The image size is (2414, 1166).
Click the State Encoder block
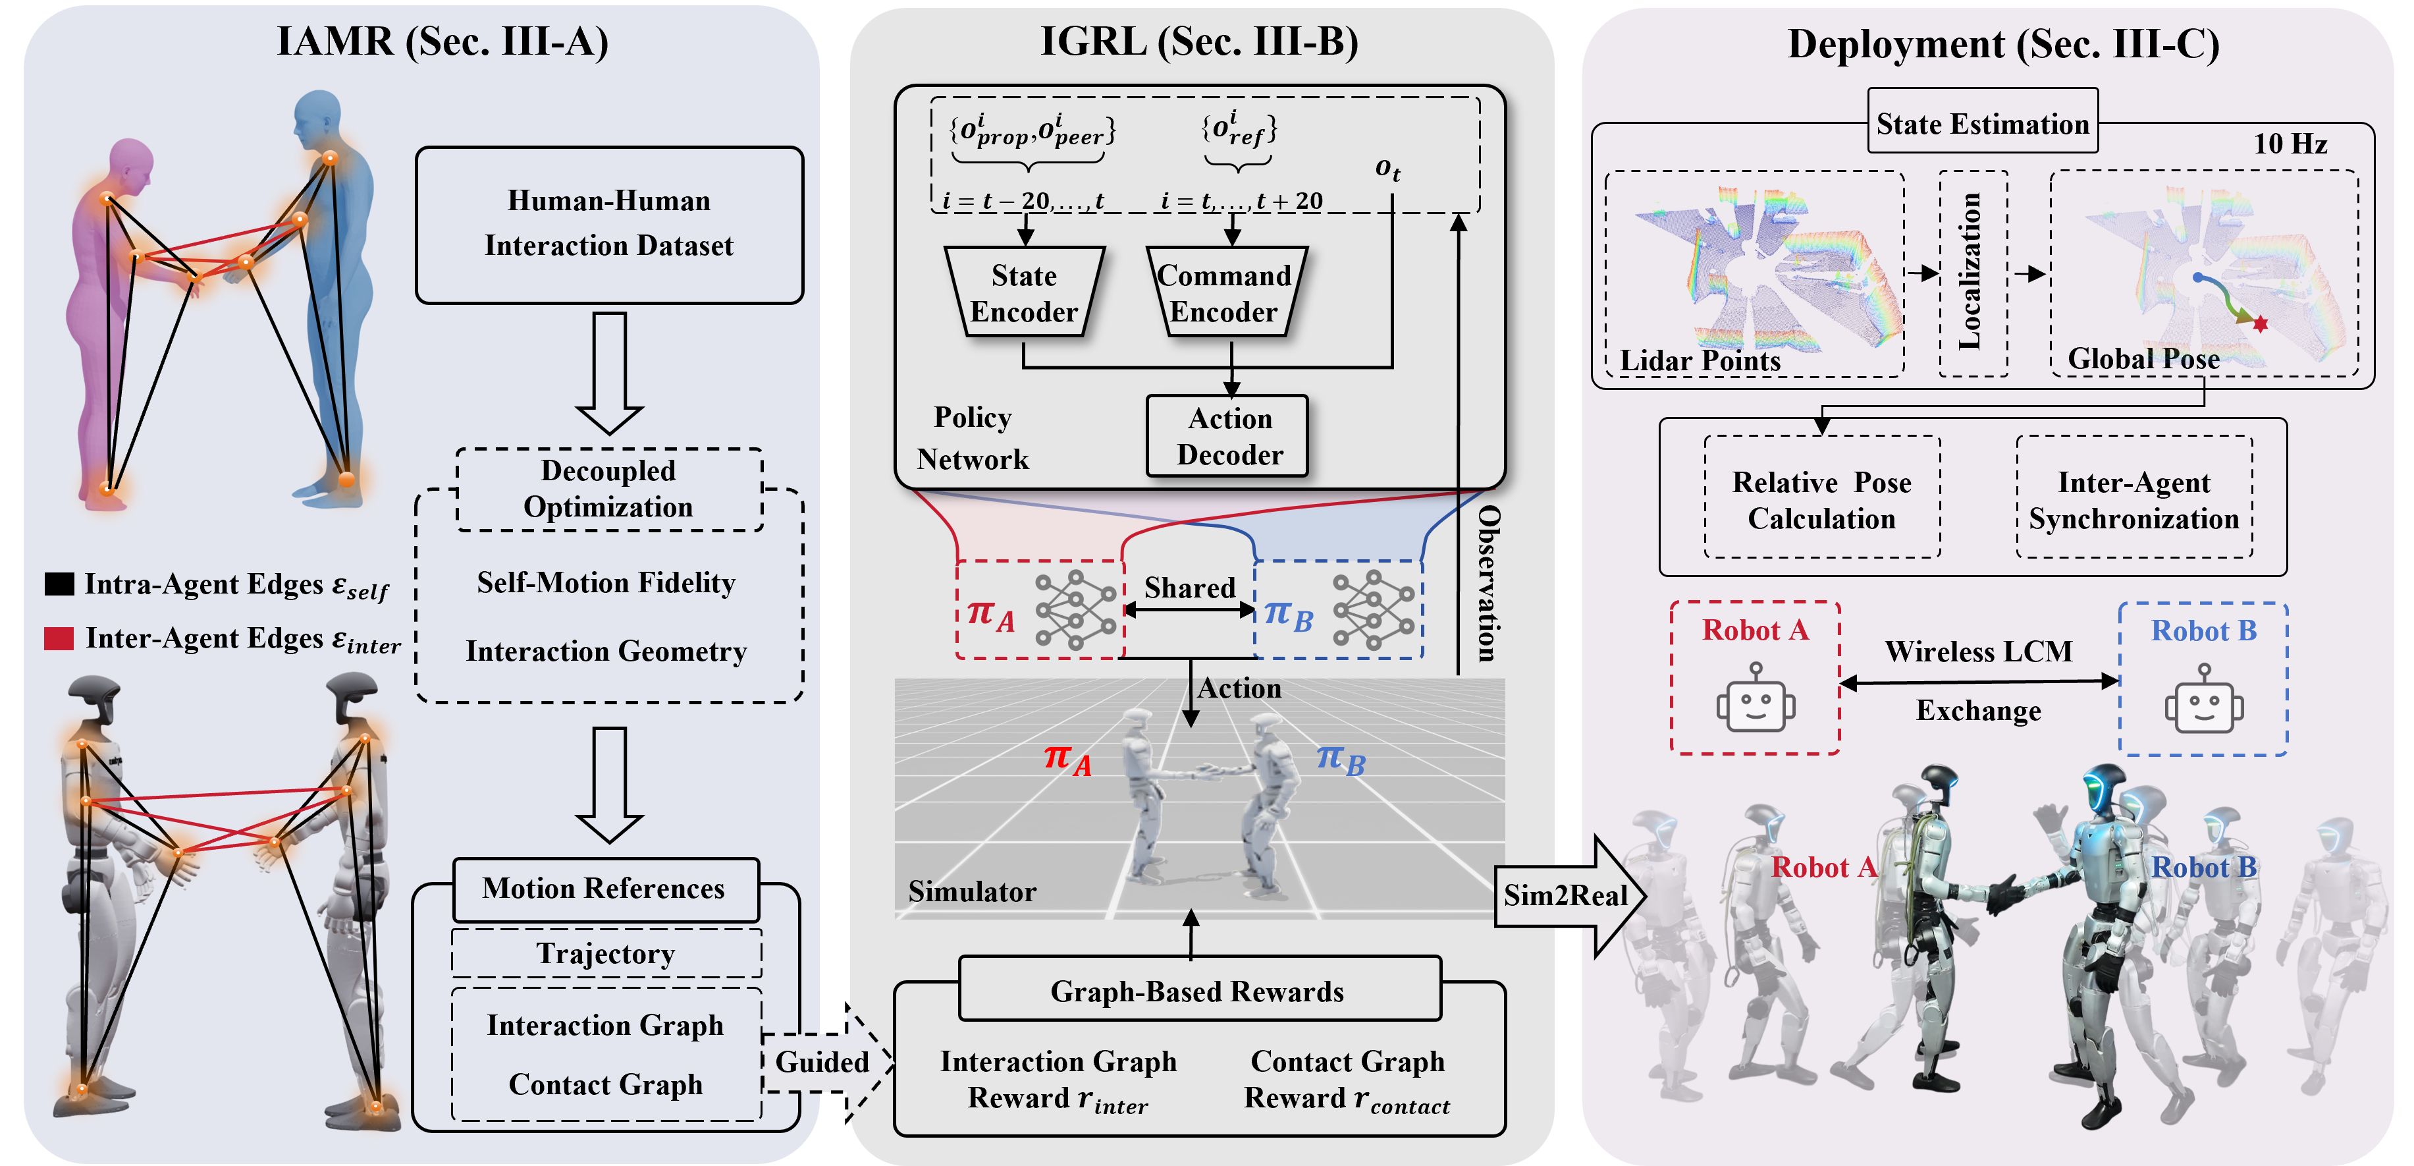[1024, 292]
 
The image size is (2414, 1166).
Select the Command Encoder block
[1225, 292]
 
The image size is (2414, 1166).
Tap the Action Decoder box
[1227, 436]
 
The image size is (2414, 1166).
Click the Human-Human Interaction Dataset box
[609, 224]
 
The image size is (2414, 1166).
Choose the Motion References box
[604, 889]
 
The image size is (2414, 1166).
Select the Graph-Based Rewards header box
[1198, 990]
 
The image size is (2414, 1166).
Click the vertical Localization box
[1971, 273]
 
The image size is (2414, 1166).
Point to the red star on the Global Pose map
[2261, 324]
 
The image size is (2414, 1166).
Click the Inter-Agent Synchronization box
[2133, 499]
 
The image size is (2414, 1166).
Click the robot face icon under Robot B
[2203, 701]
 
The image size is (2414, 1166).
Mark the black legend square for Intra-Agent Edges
[59, 584]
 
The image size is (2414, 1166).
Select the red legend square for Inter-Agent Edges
[59, 638]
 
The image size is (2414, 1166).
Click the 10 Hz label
[2290, 144]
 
